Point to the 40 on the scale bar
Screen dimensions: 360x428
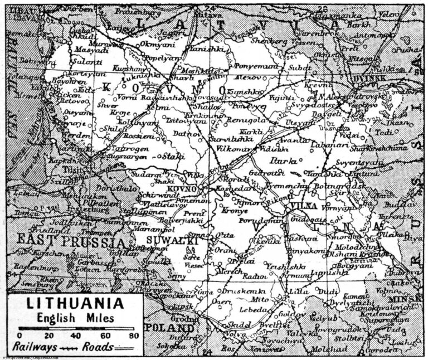coord(76,336)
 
